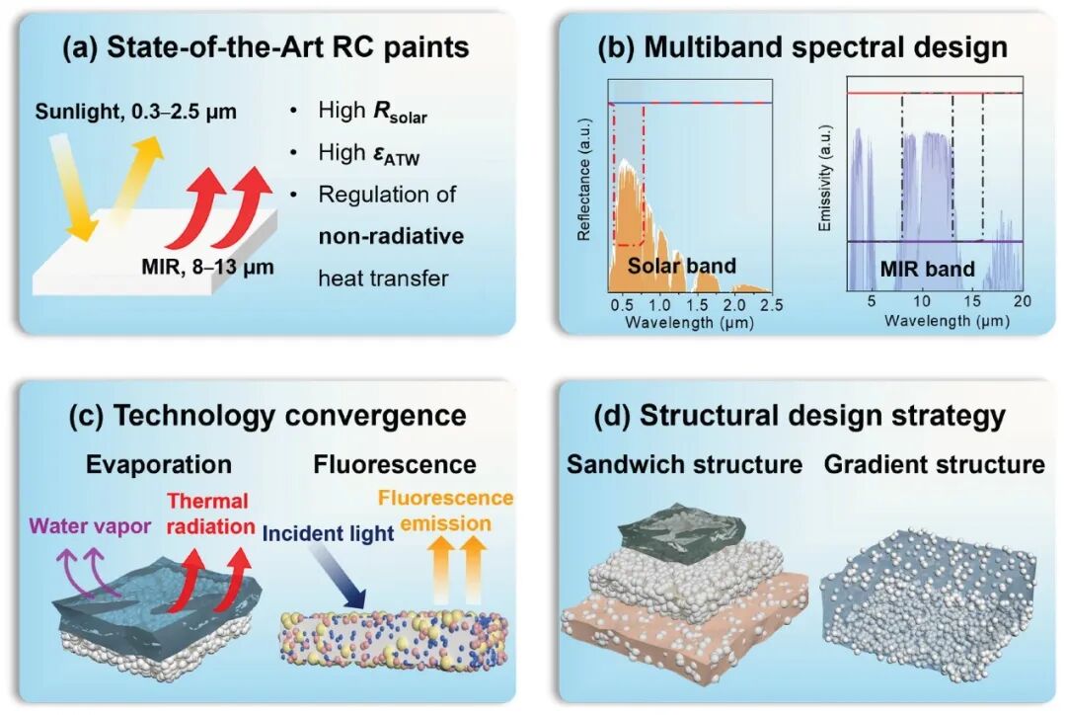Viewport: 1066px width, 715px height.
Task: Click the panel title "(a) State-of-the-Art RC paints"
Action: [266, 48]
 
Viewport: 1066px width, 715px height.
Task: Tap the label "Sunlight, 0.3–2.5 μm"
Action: [136, 112]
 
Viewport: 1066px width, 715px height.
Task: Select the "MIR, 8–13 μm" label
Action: [207, 267]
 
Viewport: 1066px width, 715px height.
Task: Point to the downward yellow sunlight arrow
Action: [72, 187]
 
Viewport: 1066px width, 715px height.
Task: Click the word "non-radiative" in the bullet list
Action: [392, 236]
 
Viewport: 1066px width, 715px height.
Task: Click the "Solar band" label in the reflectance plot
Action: [682, 266]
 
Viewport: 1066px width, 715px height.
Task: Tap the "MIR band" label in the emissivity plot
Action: [927, 269]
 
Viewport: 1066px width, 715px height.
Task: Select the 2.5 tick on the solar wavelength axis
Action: [772, 305]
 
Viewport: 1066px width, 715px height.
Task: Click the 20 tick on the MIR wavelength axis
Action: [1022, 301]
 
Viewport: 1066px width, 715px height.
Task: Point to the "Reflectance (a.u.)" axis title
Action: [583, 180]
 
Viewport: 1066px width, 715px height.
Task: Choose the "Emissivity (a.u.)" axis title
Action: [824, 178]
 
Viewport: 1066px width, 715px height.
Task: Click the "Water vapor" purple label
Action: [91, 525]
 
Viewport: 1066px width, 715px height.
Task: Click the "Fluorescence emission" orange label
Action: [445, 511]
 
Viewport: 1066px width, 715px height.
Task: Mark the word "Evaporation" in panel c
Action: [158, 464]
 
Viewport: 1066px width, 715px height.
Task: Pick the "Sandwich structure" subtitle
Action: [685, 464]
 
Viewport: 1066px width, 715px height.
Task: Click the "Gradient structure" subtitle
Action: [934, 464]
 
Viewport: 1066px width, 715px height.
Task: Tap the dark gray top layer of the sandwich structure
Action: [683, 530]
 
